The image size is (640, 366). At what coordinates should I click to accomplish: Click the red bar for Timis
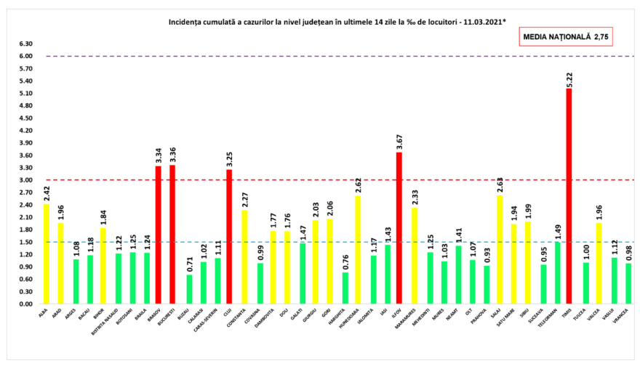569,196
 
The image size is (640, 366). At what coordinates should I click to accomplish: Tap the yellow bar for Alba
47,253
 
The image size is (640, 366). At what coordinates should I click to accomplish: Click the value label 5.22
569,76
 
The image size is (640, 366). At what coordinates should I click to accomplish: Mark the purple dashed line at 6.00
327,56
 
